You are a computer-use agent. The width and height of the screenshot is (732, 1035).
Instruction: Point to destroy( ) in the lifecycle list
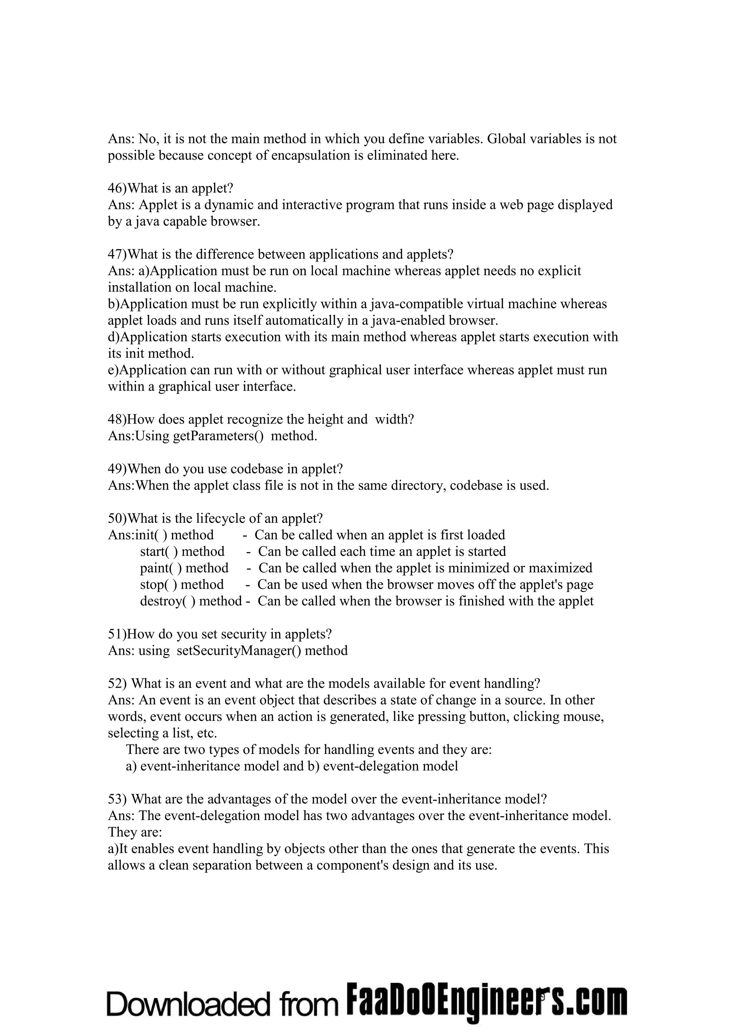coord(168,601)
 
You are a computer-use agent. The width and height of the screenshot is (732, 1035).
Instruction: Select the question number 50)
coord(118,519)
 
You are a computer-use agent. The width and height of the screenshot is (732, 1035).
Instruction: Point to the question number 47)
coord(118,254)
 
